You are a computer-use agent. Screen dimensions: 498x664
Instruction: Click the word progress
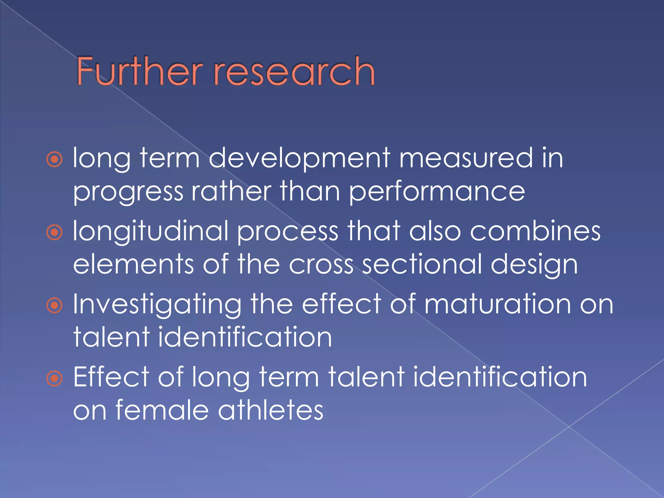pos(128,192)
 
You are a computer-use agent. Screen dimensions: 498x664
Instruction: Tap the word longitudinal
pos(151,231)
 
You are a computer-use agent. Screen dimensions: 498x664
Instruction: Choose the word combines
pos(535,231)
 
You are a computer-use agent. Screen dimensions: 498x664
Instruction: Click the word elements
pos(133,265)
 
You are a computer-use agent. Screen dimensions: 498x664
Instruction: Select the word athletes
pos(271,410)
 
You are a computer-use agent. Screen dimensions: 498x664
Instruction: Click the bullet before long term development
pos(54,159)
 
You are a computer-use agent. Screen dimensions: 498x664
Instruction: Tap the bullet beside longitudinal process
pos(54,232)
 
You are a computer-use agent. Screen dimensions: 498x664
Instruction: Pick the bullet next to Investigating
pos(54,305)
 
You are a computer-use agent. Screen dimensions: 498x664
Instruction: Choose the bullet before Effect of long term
pos(54,378)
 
